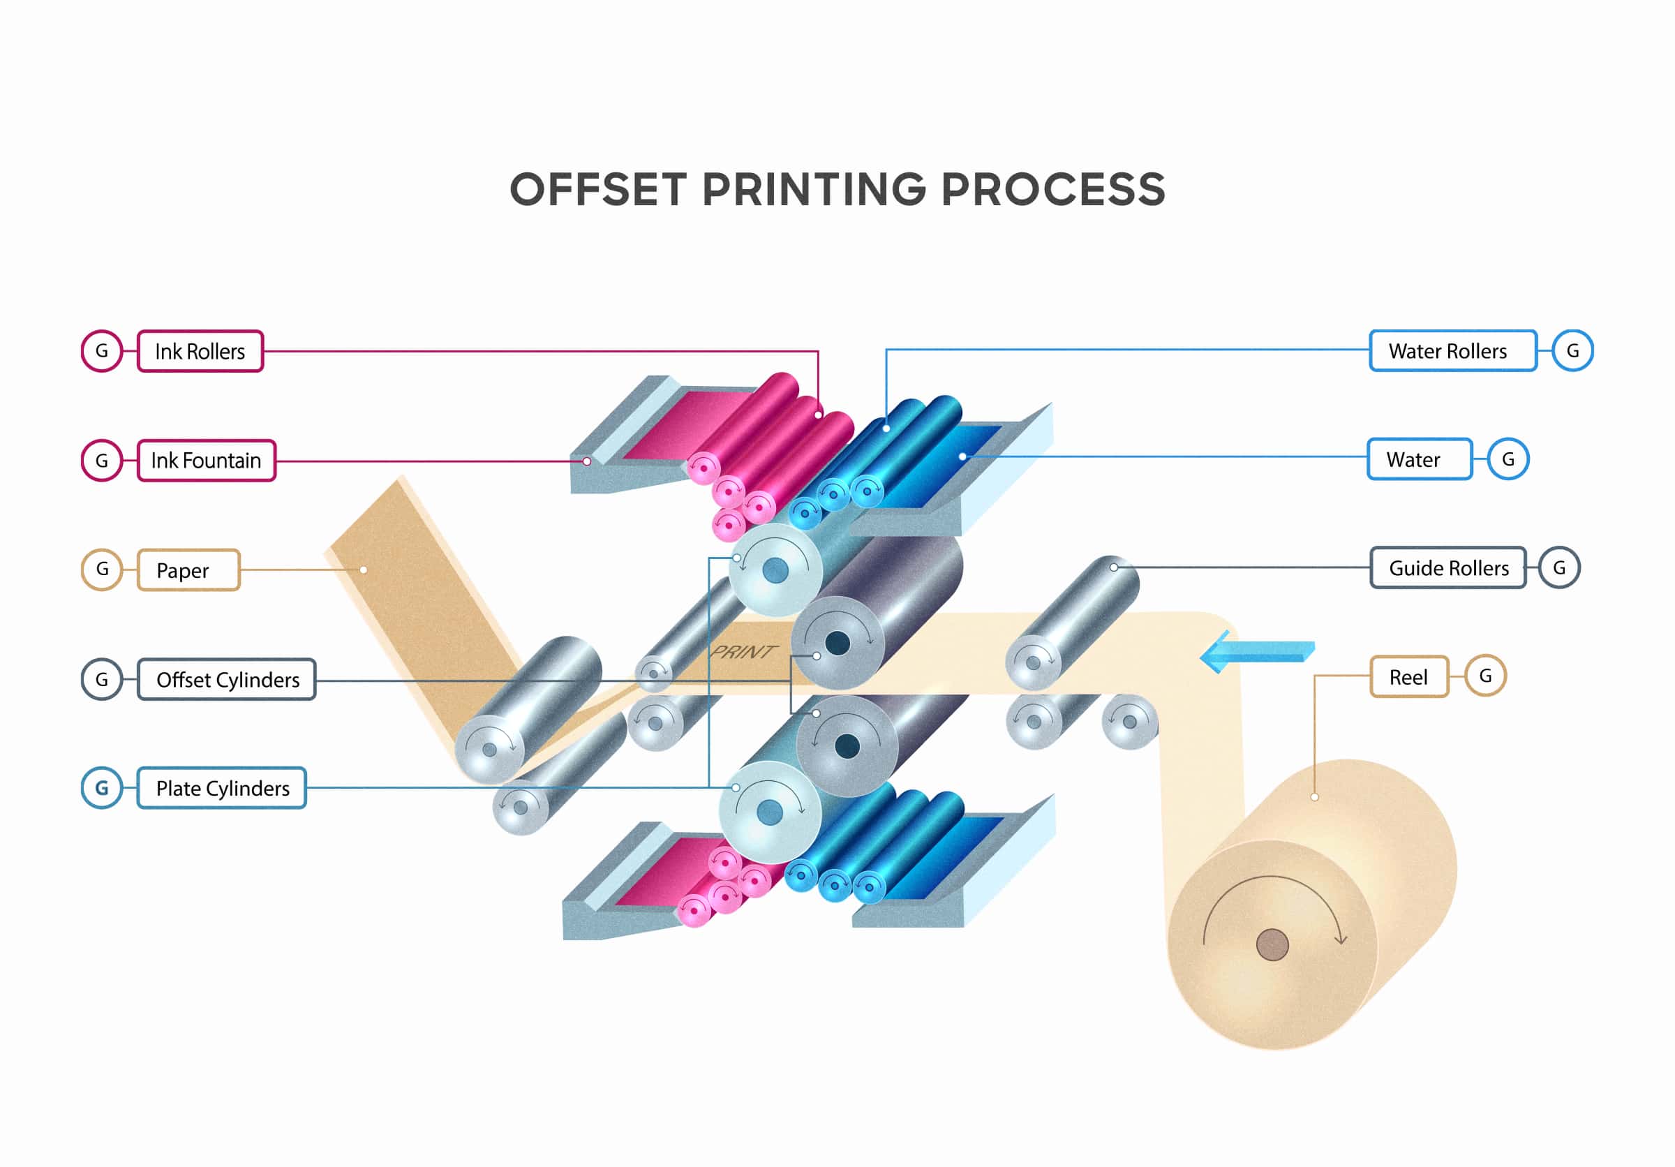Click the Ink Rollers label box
[x=200, y=352]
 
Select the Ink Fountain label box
[x=207, y=460]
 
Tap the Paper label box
[x=188, y=570]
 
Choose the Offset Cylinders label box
[x=227, y=680]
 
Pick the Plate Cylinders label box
[x=222, y=789]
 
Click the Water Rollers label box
[x=1452, y=351]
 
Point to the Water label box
[x=1419, y=459]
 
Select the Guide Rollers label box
[x=1448, y=567]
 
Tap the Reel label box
[x=1408, y=677]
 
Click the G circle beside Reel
[x=1485, y=676]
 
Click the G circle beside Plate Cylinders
[x=102, y=788]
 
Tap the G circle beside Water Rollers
[x=1572, y=351]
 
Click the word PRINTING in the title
[x=814, y=191]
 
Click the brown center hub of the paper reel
[x=1272, y=945]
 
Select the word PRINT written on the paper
[x=743, y=651]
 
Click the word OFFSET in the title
[x=598, y=191]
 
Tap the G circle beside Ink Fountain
[x=102, y=460]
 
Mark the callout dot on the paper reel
[x=1315, y=797]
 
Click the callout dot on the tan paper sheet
[x=364, y=570]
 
